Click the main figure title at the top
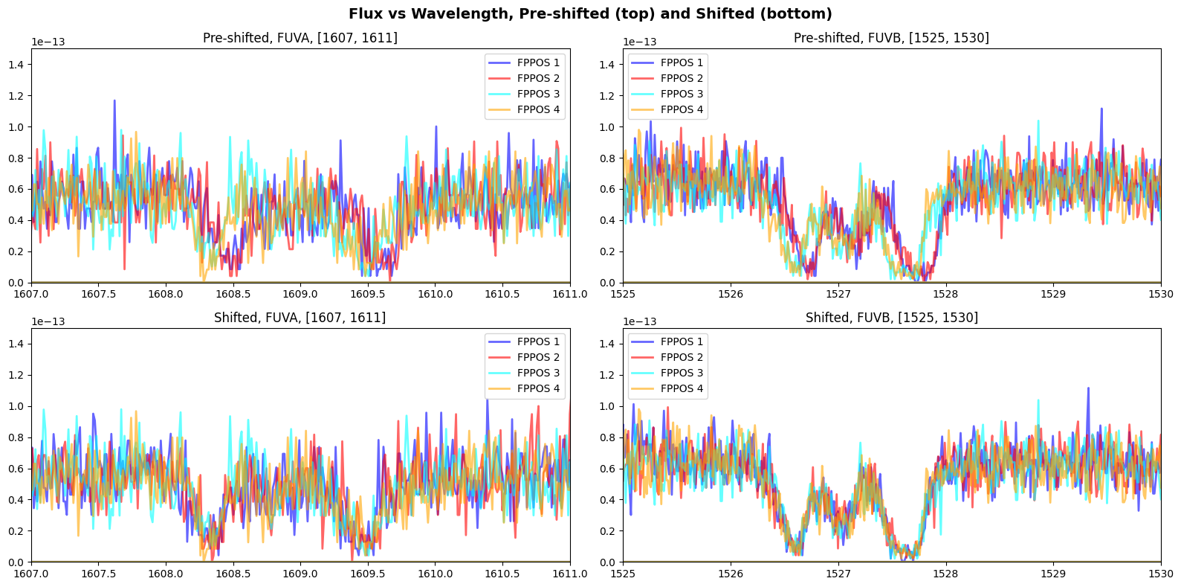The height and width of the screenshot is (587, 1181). pyautogui.click(x=590, y=14)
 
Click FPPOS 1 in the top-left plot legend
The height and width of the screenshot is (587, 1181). pyautogui.click(x=538, y=62)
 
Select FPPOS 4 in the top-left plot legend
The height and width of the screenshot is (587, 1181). pyautogui.click(x=538, y=109)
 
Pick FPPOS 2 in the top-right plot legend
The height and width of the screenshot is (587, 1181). pyautogui.click(x=682, y=78)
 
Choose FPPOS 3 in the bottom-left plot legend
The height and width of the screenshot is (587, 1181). pyautogui.click(x=538, y=373)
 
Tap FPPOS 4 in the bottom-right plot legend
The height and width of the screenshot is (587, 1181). pyautogui.click(x=682, y=388)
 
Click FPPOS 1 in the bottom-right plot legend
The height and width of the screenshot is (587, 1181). pyautogui.click(x=682, y=341)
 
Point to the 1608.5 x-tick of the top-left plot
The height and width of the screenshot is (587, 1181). pyautogui.click(x=233, y=294)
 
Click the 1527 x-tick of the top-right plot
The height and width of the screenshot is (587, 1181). pyautogui.click(x=838, y=294)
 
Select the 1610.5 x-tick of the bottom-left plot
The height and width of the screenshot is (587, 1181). pyautogui.click(x=502, y=574)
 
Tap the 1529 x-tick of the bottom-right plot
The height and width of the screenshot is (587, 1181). pyautogui.click(x=1053, y=574)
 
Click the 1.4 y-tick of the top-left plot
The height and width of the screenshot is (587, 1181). pyautogui.click(x=17, y=65)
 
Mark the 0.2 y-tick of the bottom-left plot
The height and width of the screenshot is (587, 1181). pyautogui.click(x=17, y=531)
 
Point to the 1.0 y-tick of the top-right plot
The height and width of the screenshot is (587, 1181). pyautogui.click(x=609, y=127)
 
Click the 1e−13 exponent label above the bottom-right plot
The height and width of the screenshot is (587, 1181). pyautogui.click(x=640, y=321)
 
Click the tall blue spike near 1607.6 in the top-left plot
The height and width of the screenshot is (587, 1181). pyautogui.click(x=114, y=101)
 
